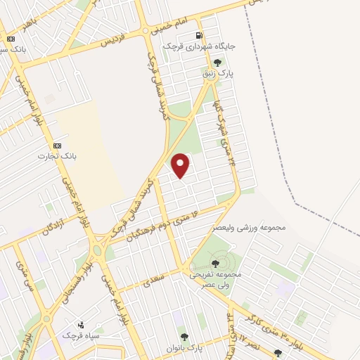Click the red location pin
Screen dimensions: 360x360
pos(181,165)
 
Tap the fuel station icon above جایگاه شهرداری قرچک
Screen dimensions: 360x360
pos(200,35)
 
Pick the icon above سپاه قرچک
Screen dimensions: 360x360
pos(81,325)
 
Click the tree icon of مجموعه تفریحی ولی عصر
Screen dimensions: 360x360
pos(214,263)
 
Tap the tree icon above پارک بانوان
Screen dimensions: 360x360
pos(184,337)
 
